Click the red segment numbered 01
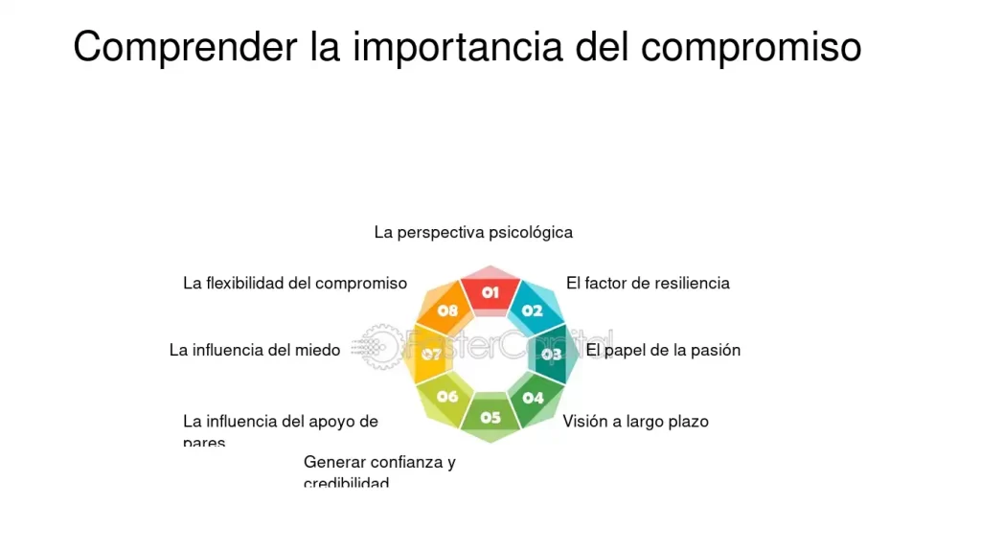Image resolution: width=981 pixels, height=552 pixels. (490, 291)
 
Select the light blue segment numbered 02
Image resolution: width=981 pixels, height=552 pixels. (533, 310)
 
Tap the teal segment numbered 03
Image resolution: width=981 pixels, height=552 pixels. (551, 354)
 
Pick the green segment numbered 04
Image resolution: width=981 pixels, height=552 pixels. (534, 397)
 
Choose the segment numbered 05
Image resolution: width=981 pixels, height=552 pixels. (490, 417)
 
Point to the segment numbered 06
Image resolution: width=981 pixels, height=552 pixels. (447, 396)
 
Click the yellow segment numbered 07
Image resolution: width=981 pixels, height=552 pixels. (431, 355)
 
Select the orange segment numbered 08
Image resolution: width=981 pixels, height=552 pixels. (447, 310)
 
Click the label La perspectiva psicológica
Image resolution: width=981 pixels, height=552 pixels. (473, 232)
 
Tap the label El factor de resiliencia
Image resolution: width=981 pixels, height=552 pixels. (648, 283)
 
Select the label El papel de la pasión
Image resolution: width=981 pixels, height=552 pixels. (663, 350)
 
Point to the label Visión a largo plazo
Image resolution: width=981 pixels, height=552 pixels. (635, 421)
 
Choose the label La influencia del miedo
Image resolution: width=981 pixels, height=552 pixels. (255, 350)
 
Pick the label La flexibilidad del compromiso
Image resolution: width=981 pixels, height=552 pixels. (295, 283)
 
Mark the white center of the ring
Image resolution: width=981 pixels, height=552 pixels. (490, 354)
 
